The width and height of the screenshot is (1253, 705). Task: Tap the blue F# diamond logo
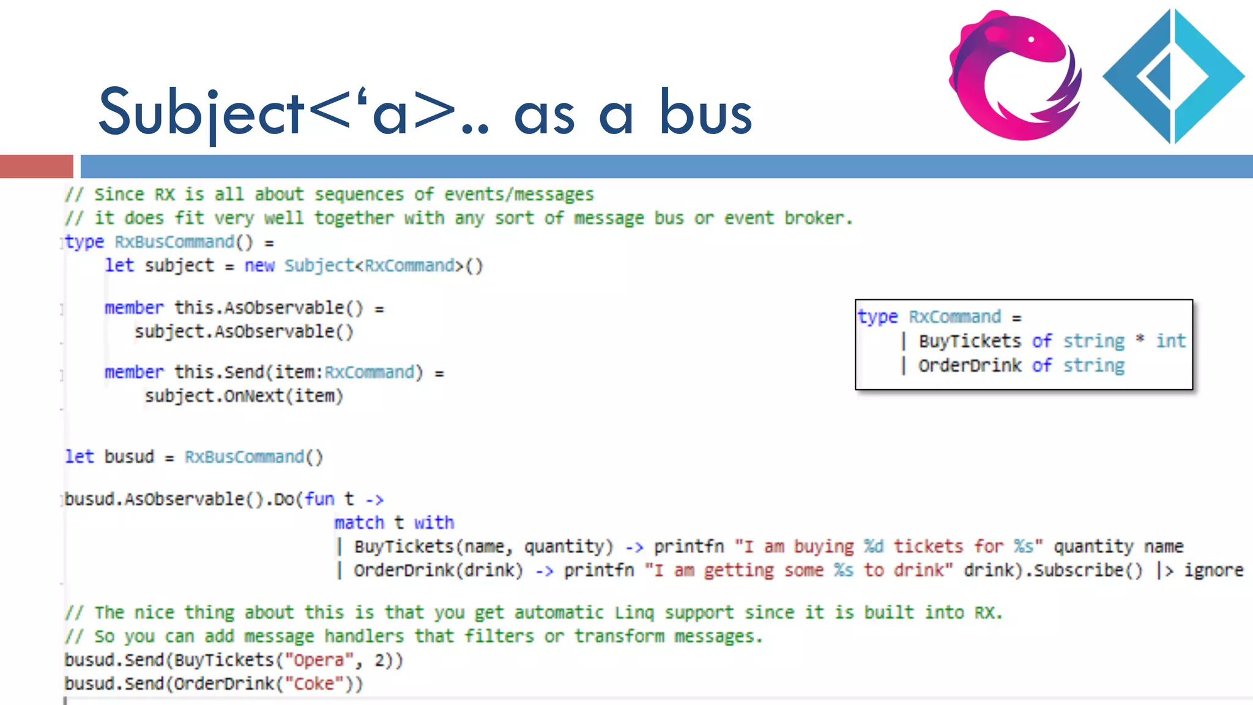pyautogui.click(x=1173, y=76)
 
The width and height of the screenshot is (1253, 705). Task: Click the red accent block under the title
pyautogui.click(x=36, y=166)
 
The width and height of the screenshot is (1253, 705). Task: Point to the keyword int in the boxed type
pyautogui.click(x=1170, y=341)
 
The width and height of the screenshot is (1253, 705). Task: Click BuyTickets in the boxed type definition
pyautogui.click(x=970, y=341)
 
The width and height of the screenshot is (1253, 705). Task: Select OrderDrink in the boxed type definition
pyautogui.click(x=970, y=365)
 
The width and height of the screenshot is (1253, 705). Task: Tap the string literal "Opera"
pyautogui.click(x=319, y=660)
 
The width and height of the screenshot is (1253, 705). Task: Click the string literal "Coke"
pyautogui.click(x=314, y=684)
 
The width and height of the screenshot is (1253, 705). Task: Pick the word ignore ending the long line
pyautogui.click(x=1213, y=570)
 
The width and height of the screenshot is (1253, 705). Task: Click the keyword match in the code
pyautogui.click(x=359, y=523)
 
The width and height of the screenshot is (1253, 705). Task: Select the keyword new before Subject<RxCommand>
pyautogui.click(x=259, y=266)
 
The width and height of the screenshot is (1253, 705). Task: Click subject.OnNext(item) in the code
pyautogui.click(x=244, y=396)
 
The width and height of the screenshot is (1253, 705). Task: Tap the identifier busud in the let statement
pyautogui.click(x=129, y=457)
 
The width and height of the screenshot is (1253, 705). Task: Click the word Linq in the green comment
pyautogui.click(x=634, y=613)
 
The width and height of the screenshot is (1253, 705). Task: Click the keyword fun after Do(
pyautogui.click(x=319, y=499)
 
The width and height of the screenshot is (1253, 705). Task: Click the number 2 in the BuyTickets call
pyautogui.click(x=380, y=660)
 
